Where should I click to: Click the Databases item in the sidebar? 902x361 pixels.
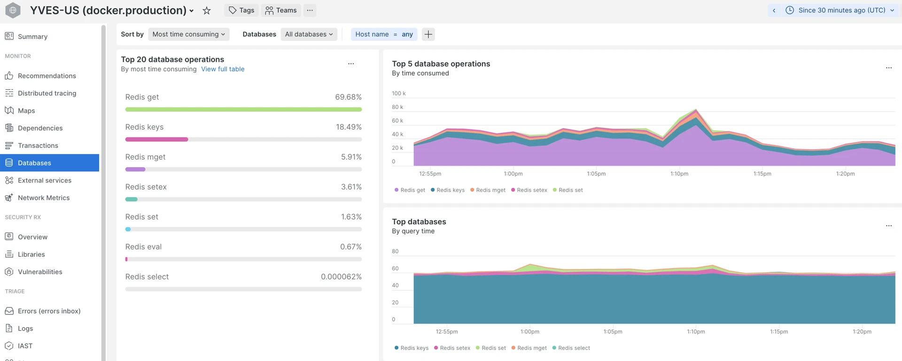34,163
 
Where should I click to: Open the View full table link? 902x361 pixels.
223,69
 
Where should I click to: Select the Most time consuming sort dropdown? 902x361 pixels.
188,34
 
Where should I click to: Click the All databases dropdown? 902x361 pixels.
309,34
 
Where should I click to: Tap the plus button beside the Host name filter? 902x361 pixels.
428,34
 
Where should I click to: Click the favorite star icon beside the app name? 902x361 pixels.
207,10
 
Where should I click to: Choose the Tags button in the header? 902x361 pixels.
241,10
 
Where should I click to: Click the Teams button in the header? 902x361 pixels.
281,10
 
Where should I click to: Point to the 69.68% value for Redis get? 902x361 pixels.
348,97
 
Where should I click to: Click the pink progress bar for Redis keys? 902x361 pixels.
156,139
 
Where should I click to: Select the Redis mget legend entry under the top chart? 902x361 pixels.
488,190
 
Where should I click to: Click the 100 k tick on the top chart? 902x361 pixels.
398,93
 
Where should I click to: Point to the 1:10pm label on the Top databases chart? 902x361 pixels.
695,331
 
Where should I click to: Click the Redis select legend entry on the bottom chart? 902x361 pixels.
571,348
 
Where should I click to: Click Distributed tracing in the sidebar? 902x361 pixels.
47,93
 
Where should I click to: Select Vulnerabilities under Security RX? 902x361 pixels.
40,272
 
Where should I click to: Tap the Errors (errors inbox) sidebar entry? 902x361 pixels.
49,311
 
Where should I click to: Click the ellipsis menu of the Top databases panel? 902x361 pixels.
888,226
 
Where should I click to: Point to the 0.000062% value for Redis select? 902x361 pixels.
341,277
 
